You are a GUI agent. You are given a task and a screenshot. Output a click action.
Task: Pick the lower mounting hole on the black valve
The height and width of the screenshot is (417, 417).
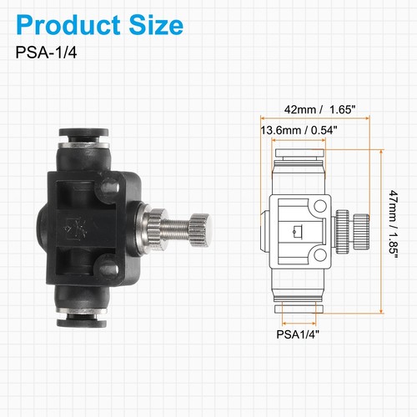(x=108, y=269)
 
